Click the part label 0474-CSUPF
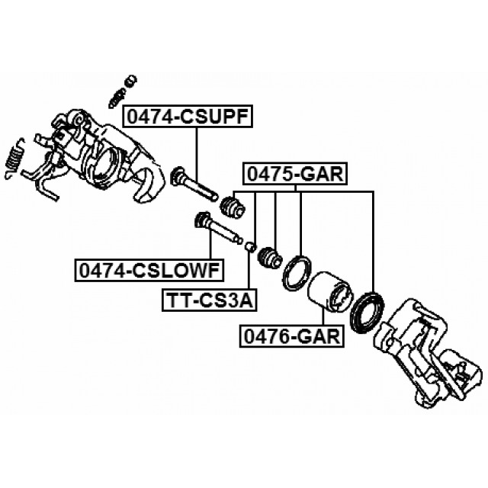click(x=188, y=117)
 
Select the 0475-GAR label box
click(x=295, y=174)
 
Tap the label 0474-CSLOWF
click(x=149, y=270)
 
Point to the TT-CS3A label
click(x=210, y=300)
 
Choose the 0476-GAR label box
click(x=292, y=336)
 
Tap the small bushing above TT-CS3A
click(x=251, y=246)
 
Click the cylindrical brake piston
click(x=330, y=291)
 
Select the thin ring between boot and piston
click(x=297, y=274)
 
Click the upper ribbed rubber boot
click(x=233, y=207)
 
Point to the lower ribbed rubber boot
click(x=270, y=257)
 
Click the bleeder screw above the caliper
click(x=117, y=97)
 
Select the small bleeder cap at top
click(x=130, y=81)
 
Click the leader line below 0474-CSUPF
click(x=197, y=156)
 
